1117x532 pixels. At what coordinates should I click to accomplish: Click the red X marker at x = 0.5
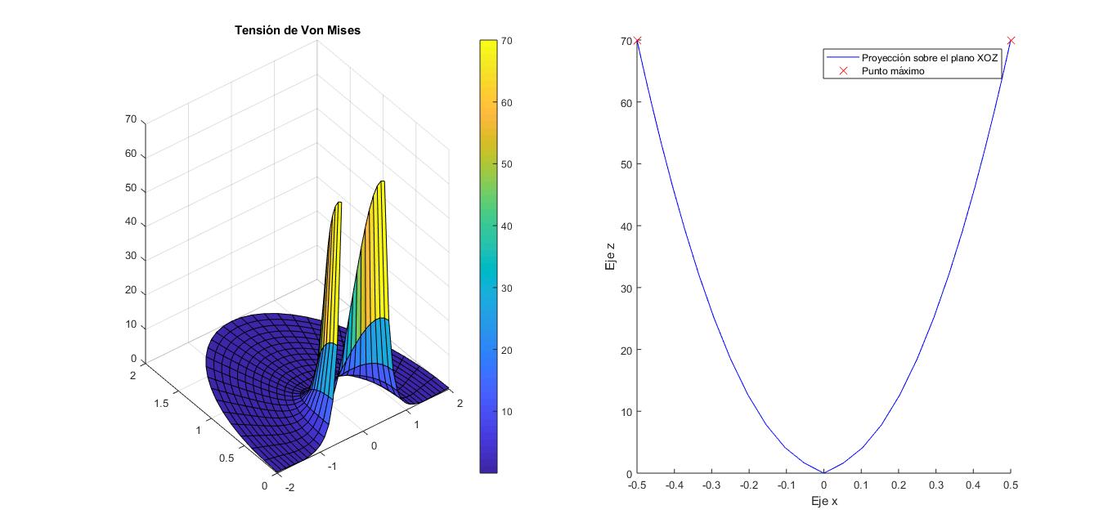(x=1011, y=40)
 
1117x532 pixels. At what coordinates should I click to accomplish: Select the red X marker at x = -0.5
(x=638, y=40)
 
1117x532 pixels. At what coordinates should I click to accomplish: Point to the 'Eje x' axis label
(x=823, y=501)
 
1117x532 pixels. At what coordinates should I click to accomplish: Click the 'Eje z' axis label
(x=609, y=257)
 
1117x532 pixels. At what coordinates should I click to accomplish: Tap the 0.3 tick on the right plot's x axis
(x=935, y=485)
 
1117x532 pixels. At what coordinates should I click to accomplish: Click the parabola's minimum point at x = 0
(x=823, y=472)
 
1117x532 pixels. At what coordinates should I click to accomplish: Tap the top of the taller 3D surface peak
(x=381, y=182)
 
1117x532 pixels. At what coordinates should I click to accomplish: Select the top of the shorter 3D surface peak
(x=339, y=203)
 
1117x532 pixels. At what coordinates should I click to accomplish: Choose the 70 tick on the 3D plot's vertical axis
(x=131, y=119)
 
